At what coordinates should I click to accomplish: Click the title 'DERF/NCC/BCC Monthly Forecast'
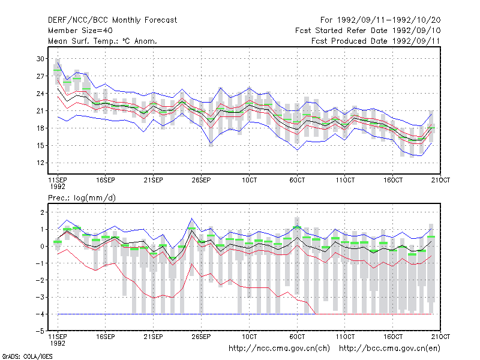(x=112, y=20)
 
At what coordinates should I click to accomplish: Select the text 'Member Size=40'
(x=80, y=31)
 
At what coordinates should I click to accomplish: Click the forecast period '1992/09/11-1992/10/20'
(x=389, y=20)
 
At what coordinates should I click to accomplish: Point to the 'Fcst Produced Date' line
(x=376, y=41)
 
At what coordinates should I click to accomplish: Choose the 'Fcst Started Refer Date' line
(x=368, y=31)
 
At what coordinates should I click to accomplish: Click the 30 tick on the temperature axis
(x=40, y=59)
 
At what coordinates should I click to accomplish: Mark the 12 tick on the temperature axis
(x=40, y=163)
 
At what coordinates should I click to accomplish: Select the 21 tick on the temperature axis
(x=40, y=111)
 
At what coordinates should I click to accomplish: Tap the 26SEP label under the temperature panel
(x=201, y=180)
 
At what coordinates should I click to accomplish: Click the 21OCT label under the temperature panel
(x=440, y=180)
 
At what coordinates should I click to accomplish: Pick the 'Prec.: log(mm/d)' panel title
(x=82, y=198)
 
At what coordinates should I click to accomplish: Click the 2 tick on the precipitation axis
(x=42, y=212)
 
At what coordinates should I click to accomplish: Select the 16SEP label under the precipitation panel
(x=106, y=337)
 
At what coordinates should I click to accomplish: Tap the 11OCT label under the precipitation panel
(x=345, y=337)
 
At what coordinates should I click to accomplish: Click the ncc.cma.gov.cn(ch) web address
(x=279, y=349)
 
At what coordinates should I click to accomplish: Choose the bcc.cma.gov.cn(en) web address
(x=389, y=349)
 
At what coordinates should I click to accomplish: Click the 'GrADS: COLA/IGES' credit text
(x=27, y=356)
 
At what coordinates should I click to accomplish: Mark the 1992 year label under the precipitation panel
(x=58, y=343)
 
